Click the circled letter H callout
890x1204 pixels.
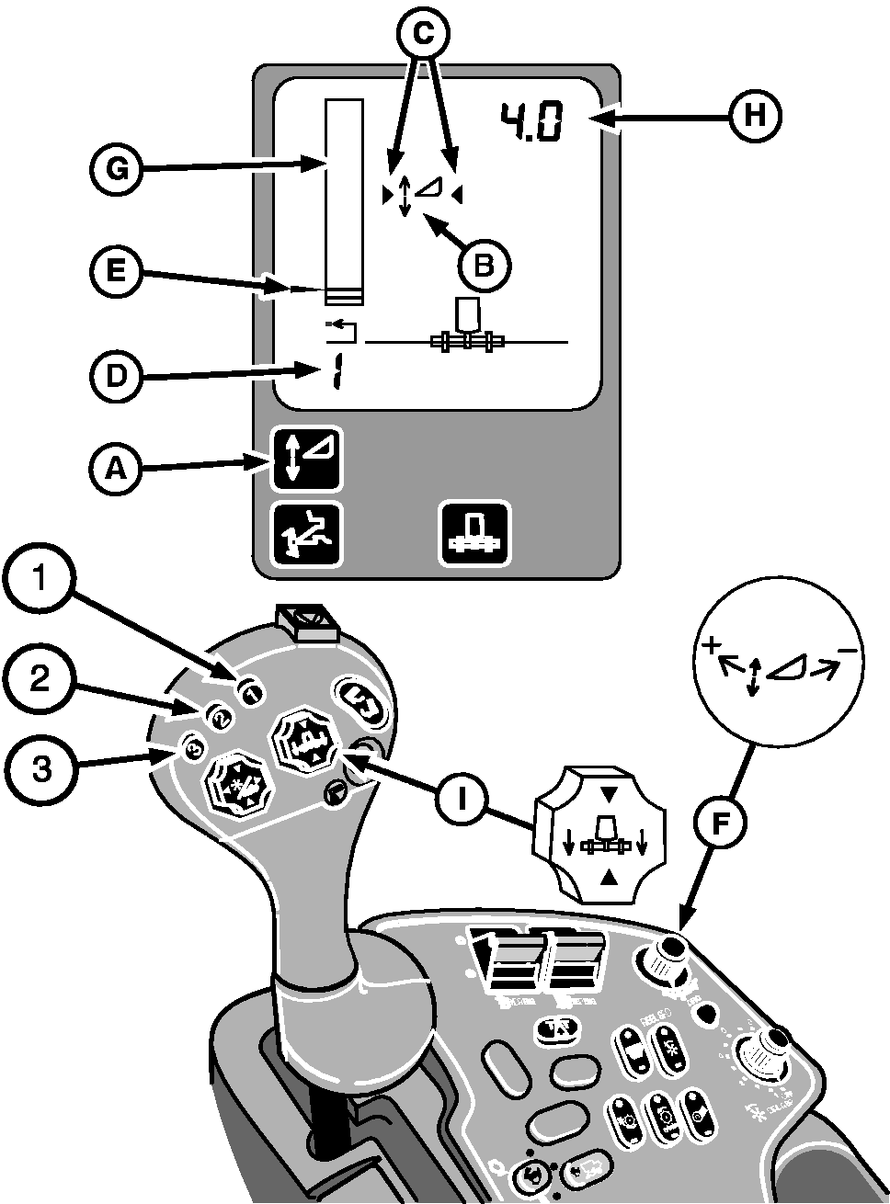point(755,117)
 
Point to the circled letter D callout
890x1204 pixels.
point(116,378)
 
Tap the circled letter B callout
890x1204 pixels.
point(485,264)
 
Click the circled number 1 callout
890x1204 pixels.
point(38,580)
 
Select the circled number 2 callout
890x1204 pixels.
point(38,678)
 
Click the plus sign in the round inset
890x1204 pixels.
point(709,646)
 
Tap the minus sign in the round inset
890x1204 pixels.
point(848,651)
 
